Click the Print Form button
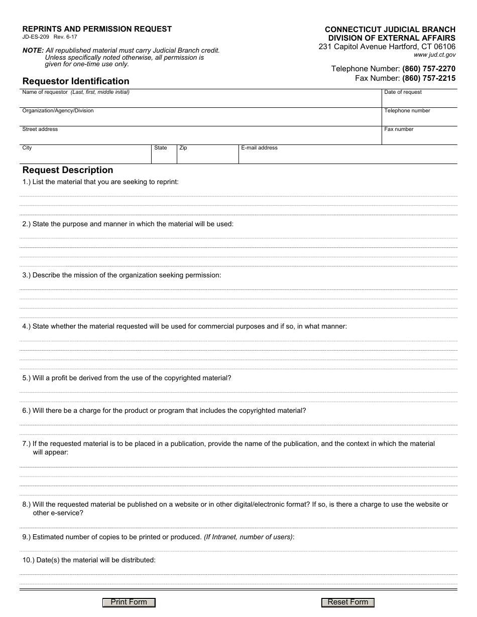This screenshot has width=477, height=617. click(x=129, y=602)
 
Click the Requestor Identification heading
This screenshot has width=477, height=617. click(x=76, y=81)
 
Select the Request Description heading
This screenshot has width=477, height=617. click(x=68, y=170)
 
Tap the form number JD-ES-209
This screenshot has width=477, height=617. click(x=36, y=37)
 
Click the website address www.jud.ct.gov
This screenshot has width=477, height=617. click(x=435, y=55)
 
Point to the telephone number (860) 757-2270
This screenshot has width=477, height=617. click(x=429, y=69)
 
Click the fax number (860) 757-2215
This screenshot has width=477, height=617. click(x=429, y=78)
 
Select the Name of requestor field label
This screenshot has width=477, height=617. click(x=45, y=92)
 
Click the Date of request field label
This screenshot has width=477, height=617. click(x=403, y=92)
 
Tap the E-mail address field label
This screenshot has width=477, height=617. click(x=259, y=148)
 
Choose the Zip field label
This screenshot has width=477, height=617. click(x=183, y=148)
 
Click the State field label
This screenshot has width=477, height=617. click(x=161, y=148)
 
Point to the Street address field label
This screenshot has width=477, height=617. click(x=40, y=129)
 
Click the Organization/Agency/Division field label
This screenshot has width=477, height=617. click(x=58, y=111)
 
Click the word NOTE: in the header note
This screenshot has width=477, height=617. click(x=33, y=51)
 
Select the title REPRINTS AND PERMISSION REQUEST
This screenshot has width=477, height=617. click(x=97, y=29)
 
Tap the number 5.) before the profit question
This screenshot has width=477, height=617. click(x=27, y=378)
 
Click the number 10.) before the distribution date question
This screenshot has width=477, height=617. click(x=28, y=560)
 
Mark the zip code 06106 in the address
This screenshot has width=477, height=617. click(x=445, y=47)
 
